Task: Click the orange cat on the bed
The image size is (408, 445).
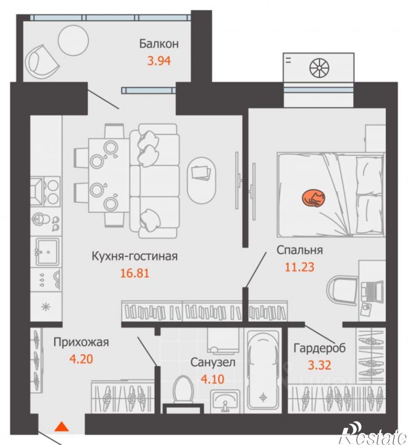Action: coord(313,198)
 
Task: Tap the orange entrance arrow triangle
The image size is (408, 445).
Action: coord(61,426)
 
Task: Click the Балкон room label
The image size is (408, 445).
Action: coord(159,44)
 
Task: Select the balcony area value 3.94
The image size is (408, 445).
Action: coord(159,61)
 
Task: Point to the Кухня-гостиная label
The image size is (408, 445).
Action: coord(134,256)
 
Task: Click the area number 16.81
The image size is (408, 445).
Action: coord(134,273)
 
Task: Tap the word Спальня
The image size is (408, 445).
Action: coord(299,250)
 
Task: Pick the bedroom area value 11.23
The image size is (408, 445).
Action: coord(299,267)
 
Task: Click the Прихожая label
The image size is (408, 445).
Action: coord(81,342)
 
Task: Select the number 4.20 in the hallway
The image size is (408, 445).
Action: coord(81,359)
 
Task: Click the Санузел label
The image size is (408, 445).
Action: coord(213,362)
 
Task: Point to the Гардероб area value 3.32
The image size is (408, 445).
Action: coord(320,365)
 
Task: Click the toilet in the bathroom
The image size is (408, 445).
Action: coord(183,389)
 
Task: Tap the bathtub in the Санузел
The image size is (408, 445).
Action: coord(263,371)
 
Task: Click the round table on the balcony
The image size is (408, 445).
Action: coord(73,41)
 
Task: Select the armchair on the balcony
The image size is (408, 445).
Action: coord(42,62)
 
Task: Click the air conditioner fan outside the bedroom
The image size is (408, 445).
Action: coord(319,68)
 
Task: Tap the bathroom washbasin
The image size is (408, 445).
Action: coord(225,401)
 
